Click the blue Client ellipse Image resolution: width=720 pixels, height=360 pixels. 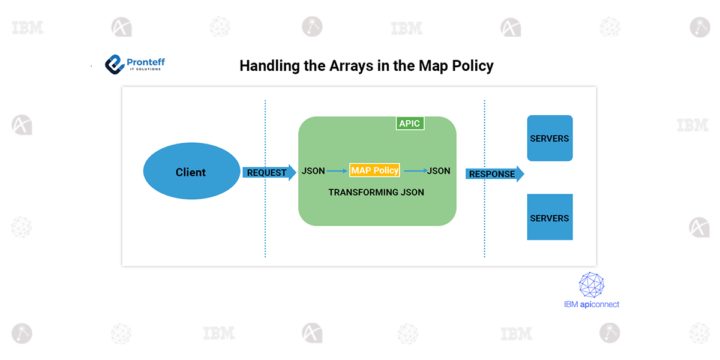pos(191,172)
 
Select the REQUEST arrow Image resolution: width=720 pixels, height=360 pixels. pos(269,173)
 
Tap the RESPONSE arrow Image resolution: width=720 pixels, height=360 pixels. pos(494,174)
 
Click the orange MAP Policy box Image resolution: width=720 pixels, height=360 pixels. pos(374,170)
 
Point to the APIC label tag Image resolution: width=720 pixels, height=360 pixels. pos(410,124)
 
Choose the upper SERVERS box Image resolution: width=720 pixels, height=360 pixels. pos(550,139)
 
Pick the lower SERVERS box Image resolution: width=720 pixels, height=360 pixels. pos(550,217)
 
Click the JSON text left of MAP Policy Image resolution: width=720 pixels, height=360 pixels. pos(313,171)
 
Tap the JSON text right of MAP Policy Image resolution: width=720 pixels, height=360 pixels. pos(439,171)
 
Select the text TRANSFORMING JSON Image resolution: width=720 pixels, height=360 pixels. pos(376,193)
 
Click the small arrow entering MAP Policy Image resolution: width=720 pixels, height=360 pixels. pos(337,171)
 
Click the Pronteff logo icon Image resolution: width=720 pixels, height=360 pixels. pos(114,64)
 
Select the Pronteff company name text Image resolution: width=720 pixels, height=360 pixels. pos(146,62)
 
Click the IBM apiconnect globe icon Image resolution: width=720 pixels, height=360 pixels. pos(591,285)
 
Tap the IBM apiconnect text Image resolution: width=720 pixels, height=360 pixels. pos(591,304)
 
